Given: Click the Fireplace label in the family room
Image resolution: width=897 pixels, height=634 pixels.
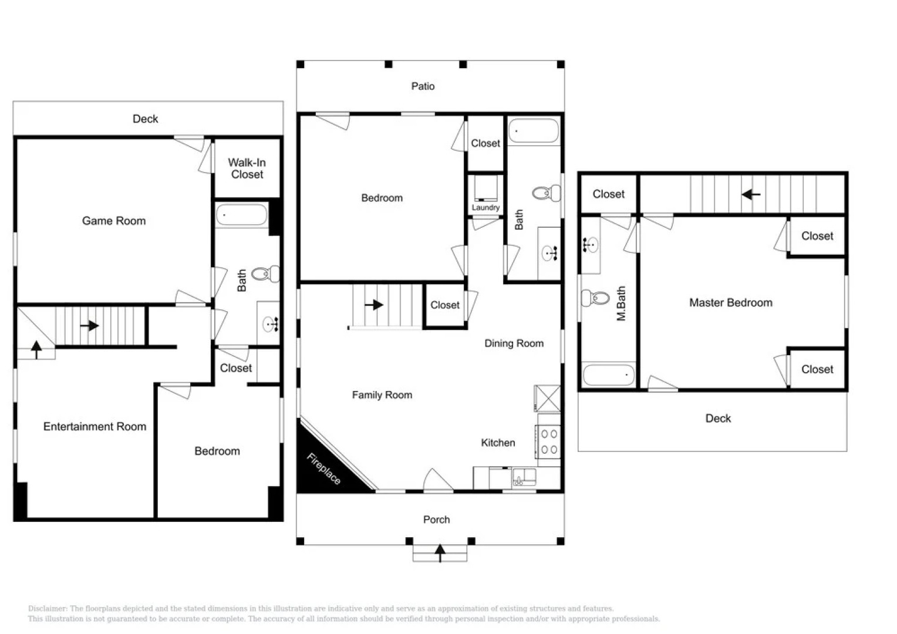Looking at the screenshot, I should click(x=323, y=468).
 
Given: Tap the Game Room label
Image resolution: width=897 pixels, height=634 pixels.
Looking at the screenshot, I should click(x=114, y=221).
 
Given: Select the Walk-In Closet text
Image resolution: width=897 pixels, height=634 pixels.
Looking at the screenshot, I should click(x=247, y=168).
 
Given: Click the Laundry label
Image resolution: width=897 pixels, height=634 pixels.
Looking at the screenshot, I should click(x=485, y=207).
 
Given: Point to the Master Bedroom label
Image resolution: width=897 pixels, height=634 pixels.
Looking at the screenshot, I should click(x=730, y=303).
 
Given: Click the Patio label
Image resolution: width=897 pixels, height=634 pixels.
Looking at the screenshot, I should click(x=423, y=86).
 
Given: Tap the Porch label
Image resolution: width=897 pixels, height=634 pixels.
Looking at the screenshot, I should click(x=436, y=520).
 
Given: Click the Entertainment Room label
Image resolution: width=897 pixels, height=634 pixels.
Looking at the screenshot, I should click(x=95, y=427).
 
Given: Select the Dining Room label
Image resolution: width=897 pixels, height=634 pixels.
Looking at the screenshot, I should click(x=514, y=343).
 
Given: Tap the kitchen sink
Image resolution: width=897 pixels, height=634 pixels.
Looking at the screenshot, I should click(x=523, y=477).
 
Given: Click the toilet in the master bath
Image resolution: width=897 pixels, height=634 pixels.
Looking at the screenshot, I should click(x=595, y=298).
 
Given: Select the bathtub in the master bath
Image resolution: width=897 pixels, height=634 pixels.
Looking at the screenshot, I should click(x=608, y=375).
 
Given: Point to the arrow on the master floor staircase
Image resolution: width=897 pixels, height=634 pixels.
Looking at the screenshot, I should click(x=751, y=194).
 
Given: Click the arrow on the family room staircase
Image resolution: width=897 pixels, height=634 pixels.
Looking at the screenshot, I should click(x=374, y=305).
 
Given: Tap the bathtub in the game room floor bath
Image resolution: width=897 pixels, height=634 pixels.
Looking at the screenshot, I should click(x=242, y=215).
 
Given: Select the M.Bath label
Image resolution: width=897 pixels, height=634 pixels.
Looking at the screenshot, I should click(x=621, y=303).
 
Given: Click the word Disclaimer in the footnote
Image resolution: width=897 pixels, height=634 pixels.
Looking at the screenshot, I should click(x=47, y=609).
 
